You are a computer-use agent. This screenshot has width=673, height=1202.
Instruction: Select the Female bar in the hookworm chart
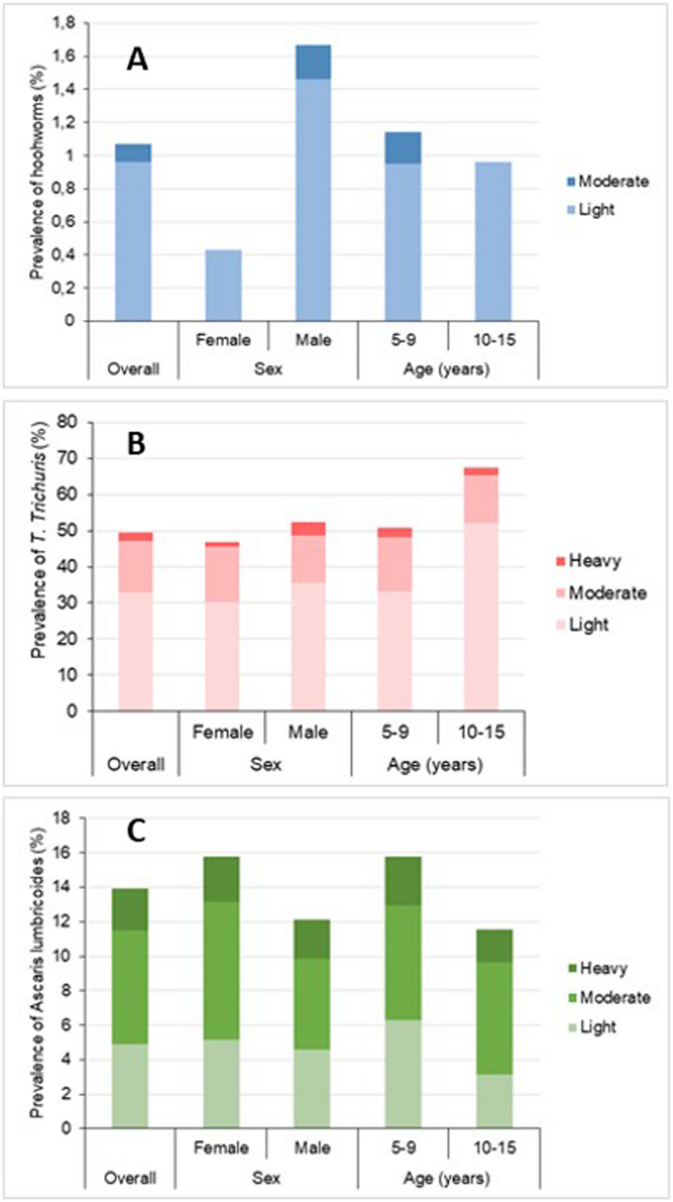pyautogui.click(x=223, y=285)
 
